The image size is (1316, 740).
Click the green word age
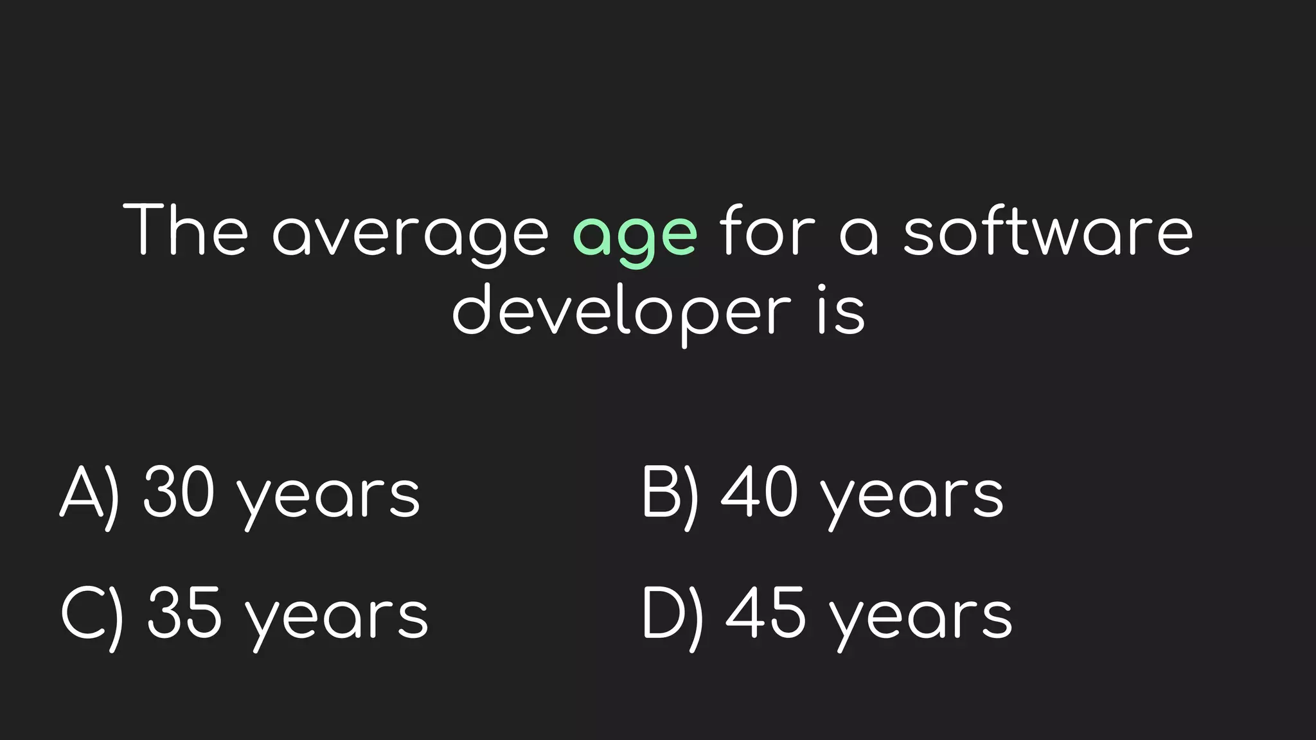pos(634,234)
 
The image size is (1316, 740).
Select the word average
pos(411,234)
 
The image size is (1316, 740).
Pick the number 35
pos(184,613)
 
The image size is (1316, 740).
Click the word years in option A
pos(328,498)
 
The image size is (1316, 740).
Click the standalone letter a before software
pos(859,236)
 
